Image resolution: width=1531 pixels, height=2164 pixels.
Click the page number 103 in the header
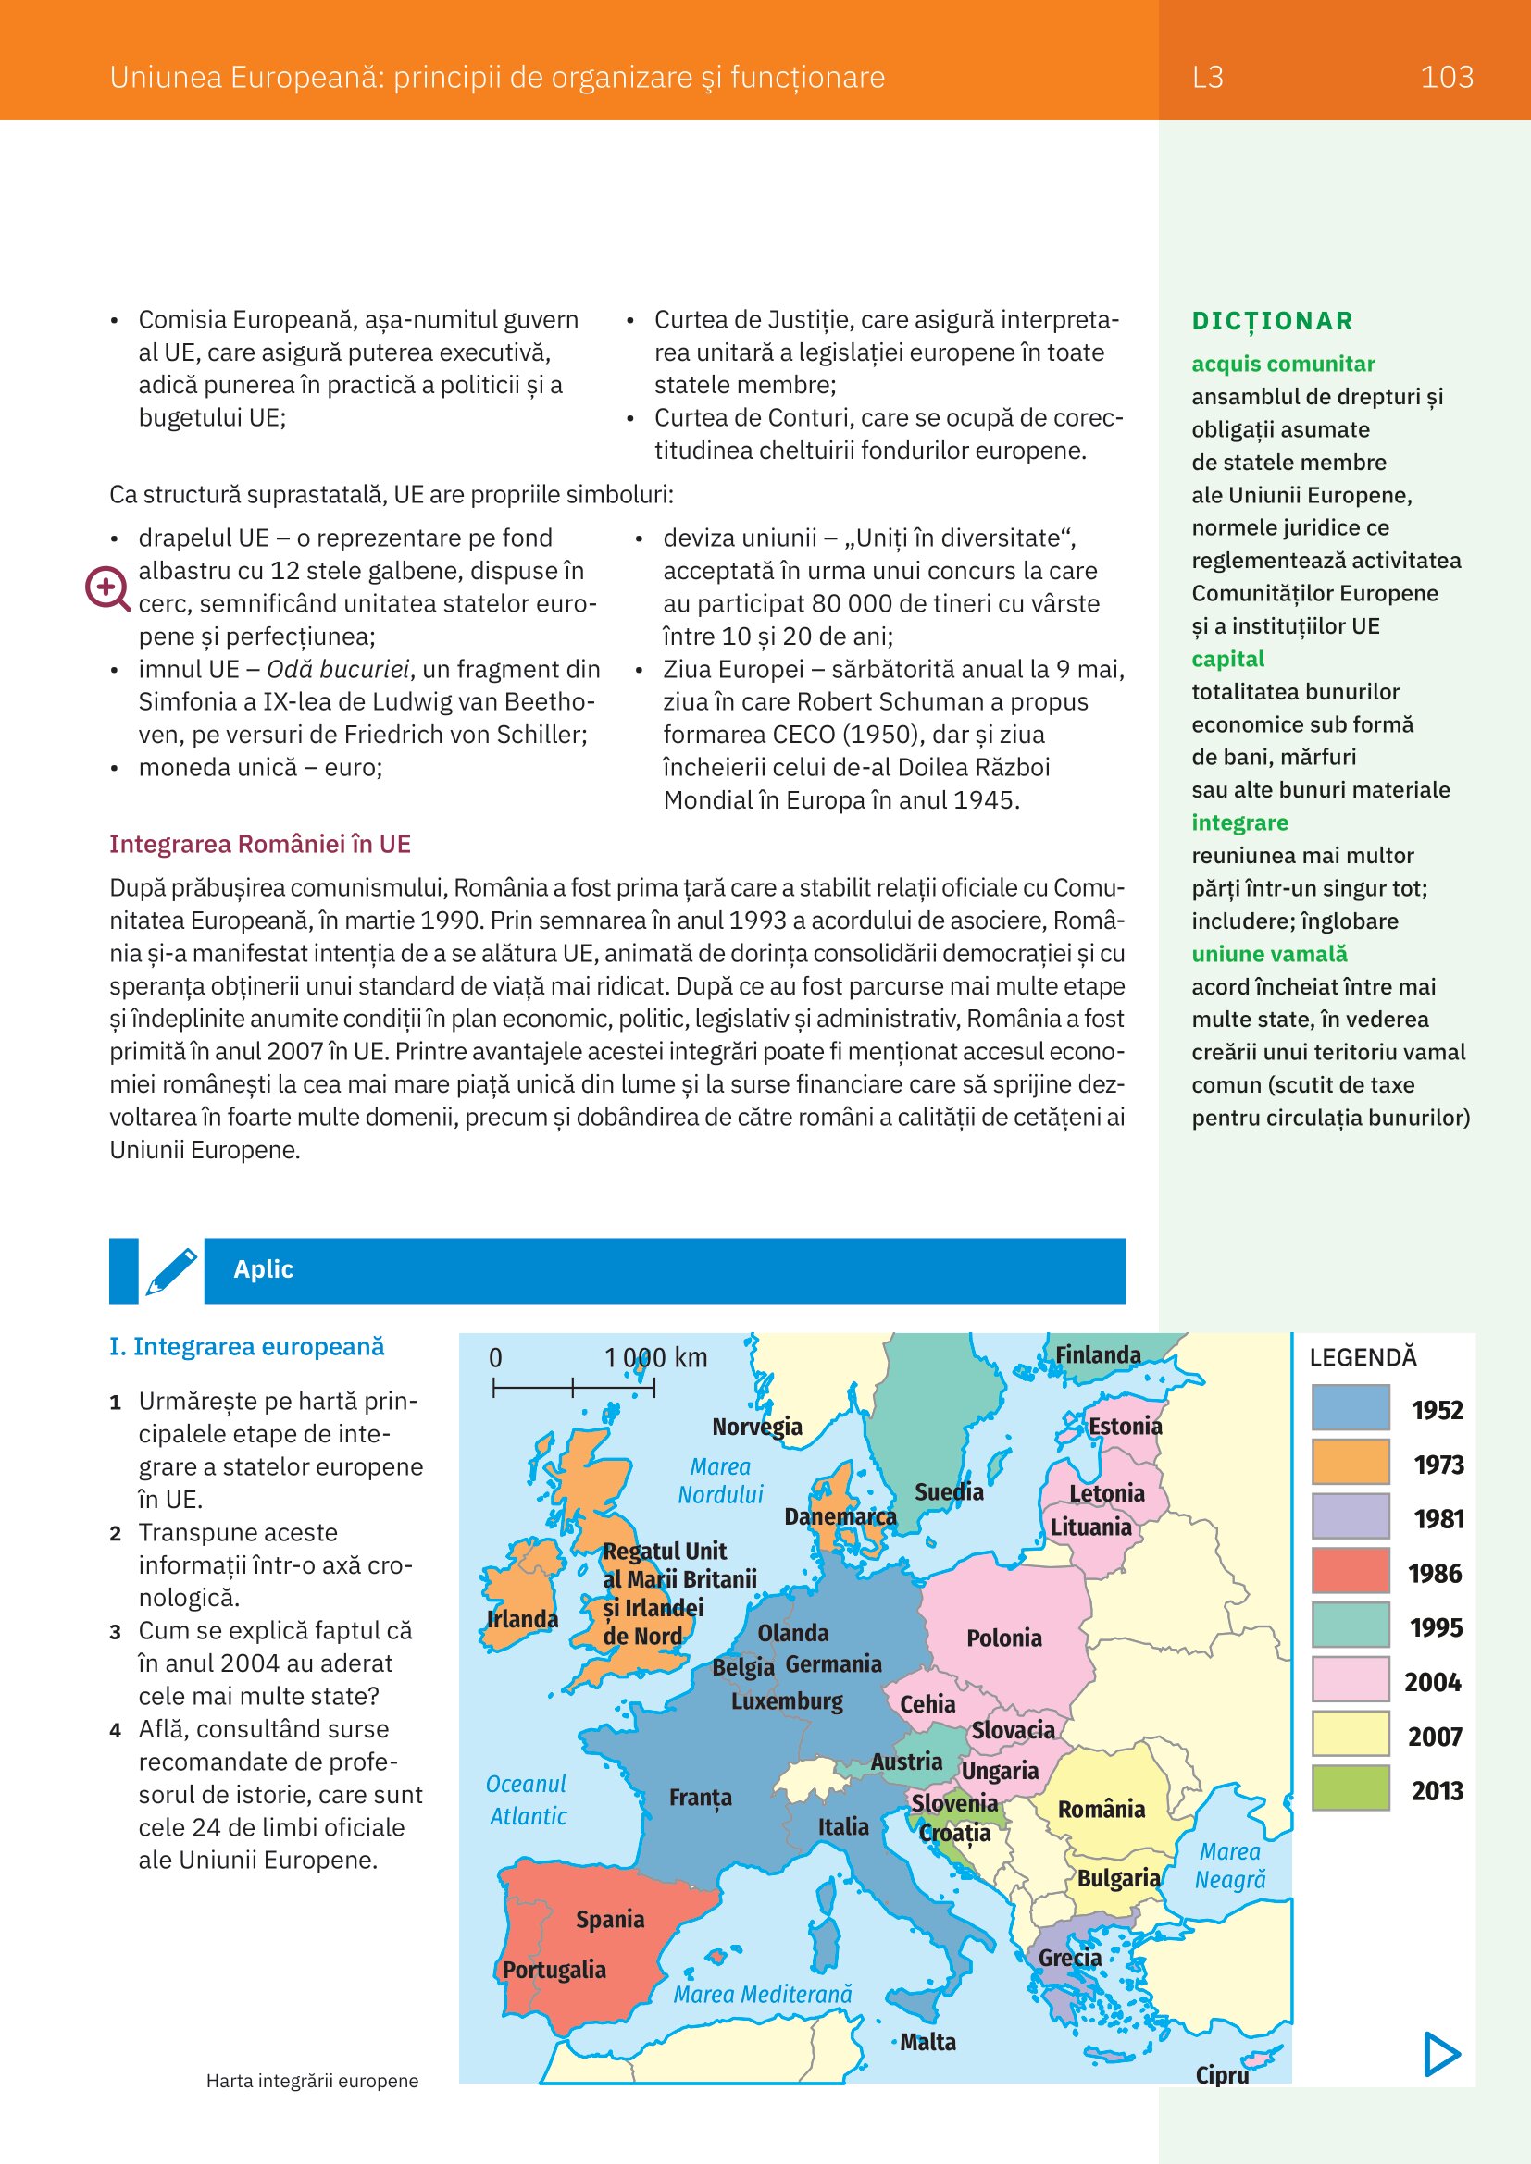point(1446,78)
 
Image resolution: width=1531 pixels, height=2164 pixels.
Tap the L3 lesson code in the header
point(1208,78)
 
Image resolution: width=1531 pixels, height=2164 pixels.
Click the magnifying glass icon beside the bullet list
point(106,588)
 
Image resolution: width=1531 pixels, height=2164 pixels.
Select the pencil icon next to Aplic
point(171,1270)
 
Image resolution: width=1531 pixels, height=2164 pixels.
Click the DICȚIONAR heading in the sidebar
point(1272,321)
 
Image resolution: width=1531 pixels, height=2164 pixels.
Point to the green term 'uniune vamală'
point(1269,954)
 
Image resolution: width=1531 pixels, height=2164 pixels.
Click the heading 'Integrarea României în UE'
point(260,844)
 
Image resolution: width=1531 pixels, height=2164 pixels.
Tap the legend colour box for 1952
point(1350,1408)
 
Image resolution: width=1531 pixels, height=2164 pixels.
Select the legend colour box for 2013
point(1350,1788)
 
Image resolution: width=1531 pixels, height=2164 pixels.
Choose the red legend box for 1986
point(1350,1571)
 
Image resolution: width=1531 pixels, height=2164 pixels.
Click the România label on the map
point(1102,1809)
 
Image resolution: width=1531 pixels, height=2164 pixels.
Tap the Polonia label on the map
point(1004,1638)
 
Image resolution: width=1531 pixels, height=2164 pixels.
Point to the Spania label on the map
point(610,1919)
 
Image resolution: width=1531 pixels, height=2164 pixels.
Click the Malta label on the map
point(927,2042)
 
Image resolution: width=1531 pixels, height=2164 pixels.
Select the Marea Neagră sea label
point(1230,1865)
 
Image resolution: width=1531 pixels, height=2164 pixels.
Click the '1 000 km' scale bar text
point(655,1358)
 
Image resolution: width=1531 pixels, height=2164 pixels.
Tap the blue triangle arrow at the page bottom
point(1441,2054)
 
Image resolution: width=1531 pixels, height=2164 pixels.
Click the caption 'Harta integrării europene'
point(312,2080)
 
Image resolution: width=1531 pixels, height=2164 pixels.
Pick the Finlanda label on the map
point(1098,1354)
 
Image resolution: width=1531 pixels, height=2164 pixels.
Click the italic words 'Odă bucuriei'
point(338,669)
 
